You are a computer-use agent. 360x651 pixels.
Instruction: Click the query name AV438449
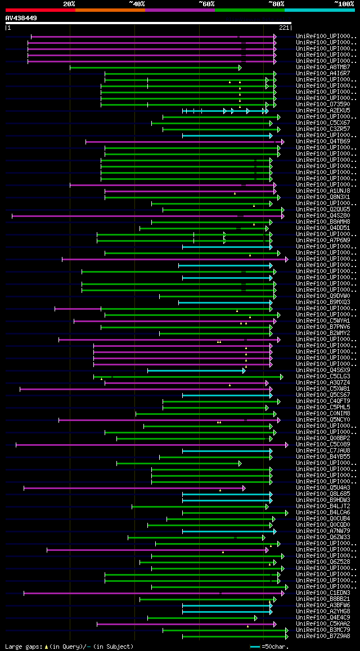pos(21,18)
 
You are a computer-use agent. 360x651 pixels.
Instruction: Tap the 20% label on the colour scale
pos(69,4)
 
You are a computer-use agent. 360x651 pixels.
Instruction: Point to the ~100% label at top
pos(344,4)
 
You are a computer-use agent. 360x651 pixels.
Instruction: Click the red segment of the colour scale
pos(40,10)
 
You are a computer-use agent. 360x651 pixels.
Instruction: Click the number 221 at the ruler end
pos(283,27)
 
